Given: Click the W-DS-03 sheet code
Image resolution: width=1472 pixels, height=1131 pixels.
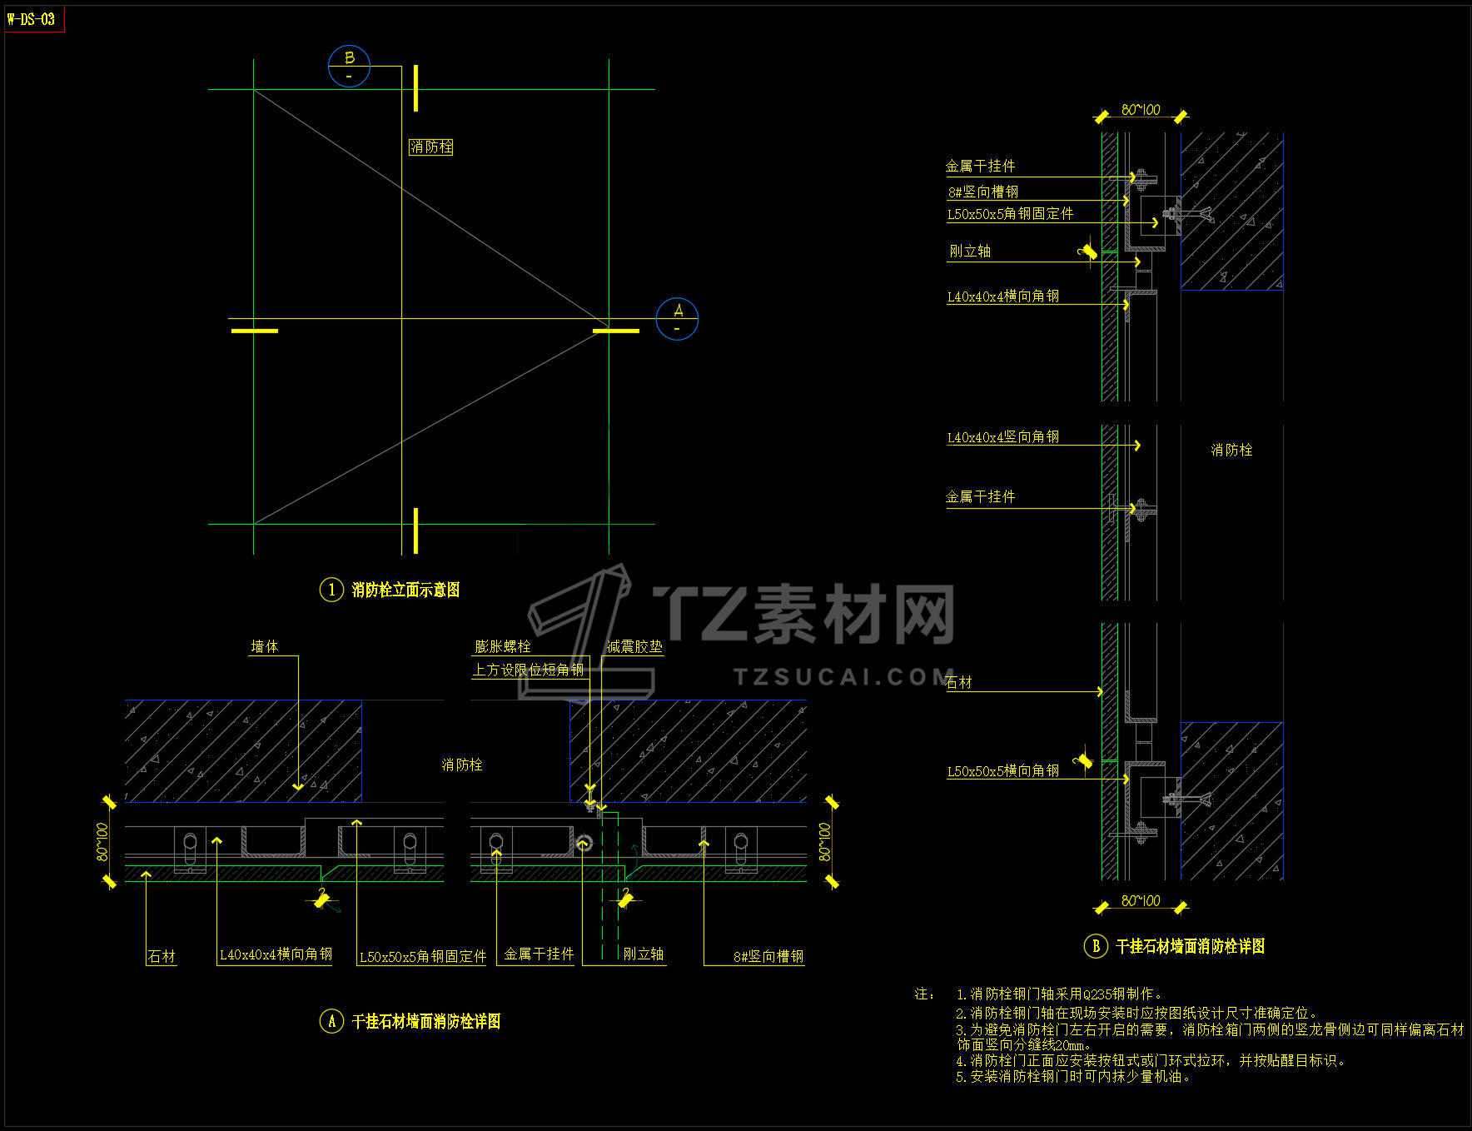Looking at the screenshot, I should click(x=32, y=18).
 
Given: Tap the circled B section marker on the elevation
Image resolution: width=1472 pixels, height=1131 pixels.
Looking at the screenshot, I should click(x=349, y=66).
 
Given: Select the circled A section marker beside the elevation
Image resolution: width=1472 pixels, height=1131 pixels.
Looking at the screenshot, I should click(x=677, y=318).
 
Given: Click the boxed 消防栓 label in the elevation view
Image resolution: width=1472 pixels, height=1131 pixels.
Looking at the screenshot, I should click(x=431, y=147).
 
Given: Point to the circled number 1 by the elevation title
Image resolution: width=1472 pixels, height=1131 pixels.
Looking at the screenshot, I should click(x=331, y=590).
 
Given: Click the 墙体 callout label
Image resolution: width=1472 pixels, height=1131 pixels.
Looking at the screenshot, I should click(x=265, y=646).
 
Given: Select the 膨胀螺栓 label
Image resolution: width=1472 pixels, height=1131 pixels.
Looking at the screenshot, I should click(x=502, y=646).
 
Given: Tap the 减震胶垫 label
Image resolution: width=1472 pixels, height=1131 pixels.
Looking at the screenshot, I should click(x=634, y=646).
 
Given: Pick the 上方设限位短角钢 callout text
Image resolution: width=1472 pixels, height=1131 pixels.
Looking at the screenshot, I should click(x=528, y=670).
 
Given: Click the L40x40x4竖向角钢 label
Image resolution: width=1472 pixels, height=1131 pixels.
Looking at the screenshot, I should click(x=1002, y=437).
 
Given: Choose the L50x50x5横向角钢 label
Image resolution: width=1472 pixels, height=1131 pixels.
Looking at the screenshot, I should click(x=1002, y=771).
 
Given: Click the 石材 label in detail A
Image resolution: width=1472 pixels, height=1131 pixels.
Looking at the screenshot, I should click(x=162, y=957).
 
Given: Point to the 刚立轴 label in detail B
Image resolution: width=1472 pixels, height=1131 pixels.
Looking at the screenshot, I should click(x=970, y=251).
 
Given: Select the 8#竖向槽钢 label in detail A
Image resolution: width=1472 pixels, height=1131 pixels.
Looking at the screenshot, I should click(x=768, y=957).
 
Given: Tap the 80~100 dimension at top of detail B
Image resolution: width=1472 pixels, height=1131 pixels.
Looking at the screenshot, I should click(x=1141, y=110).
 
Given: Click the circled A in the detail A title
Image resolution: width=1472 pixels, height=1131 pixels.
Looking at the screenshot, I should click(x=331, y=1021).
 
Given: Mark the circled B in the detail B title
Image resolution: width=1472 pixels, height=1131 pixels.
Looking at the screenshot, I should click(x=1096, y=946).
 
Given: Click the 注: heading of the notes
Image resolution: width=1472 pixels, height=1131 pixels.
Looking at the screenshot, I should click(x=924, y=994).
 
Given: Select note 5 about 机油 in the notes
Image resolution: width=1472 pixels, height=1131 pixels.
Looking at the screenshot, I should click(x=1074, y=1076).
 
